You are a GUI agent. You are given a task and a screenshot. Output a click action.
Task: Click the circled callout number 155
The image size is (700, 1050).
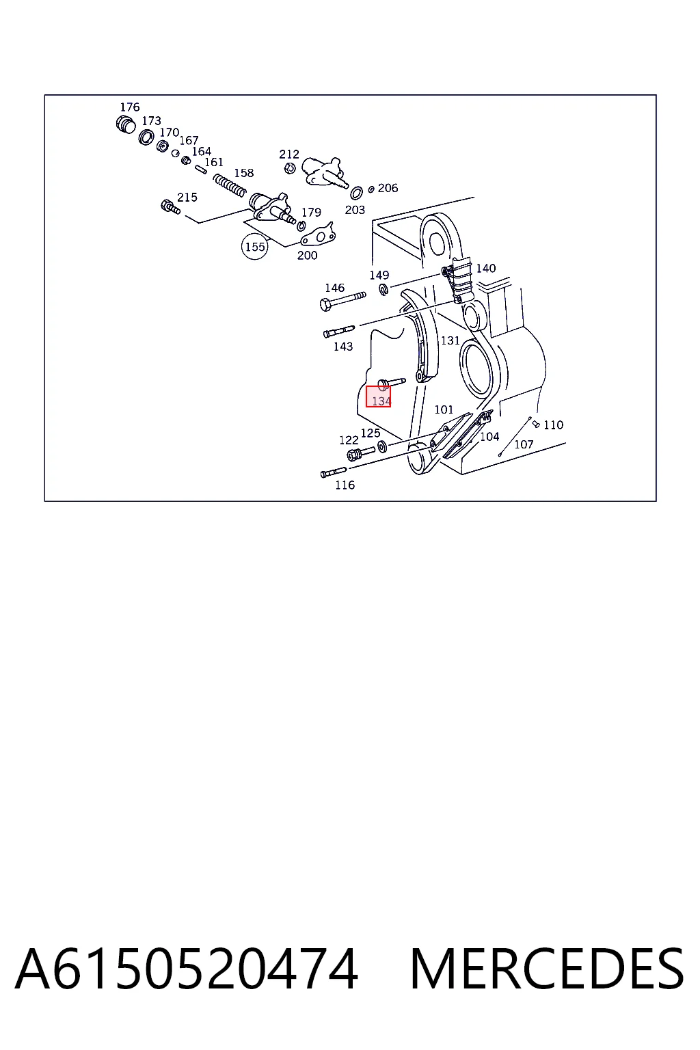coord(254,247)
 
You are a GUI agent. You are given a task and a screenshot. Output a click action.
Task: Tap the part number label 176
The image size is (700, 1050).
coord(130,107)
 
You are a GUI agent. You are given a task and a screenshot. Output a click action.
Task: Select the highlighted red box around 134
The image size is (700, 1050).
coord(378,396)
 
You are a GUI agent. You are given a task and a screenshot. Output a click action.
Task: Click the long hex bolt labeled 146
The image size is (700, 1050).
coord(342,300)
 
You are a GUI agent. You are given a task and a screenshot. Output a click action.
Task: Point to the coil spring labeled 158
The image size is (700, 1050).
coord(229,186)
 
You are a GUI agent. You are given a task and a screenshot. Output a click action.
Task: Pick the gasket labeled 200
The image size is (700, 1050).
coord(318,234)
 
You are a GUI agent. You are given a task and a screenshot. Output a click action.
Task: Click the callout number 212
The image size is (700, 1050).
coord(288,154)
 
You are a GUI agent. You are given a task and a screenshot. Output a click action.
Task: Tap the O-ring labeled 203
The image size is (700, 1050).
coord(356,192)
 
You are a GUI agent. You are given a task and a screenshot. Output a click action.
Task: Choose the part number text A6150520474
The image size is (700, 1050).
coord(187,969)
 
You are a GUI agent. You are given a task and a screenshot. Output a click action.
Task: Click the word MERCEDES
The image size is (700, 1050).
coord(547,969)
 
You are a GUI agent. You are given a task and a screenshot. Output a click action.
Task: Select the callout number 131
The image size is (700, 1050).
coord(450,340)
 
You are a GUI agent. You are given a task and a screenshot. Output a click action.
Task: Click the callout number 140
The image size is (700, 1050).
coord(486,268)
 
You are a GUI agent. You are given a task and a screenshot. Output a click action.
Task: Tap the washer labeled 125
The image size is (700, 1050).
coord(382,446)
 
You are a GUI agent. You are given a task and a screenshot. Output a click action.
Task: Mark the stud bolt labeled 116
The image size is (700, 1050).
coord(334,472)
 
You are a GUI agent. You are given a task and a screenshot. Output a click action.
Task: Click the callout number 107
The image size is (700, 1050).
coord(524,444)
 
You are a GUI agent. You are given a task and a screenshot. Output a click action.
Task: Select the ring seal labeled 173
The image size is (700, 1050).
coord(146,137)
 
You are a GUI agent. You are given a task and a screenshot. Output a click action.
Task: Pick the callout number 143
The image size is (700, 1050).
coord(342,347)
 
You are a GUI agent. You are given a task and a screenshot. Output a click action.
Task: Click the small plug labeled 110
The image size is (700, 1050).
coord(537,425)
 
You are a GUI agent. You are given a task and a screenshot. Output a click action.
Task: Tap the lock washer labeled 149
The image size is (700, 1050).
coord(383,290)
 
